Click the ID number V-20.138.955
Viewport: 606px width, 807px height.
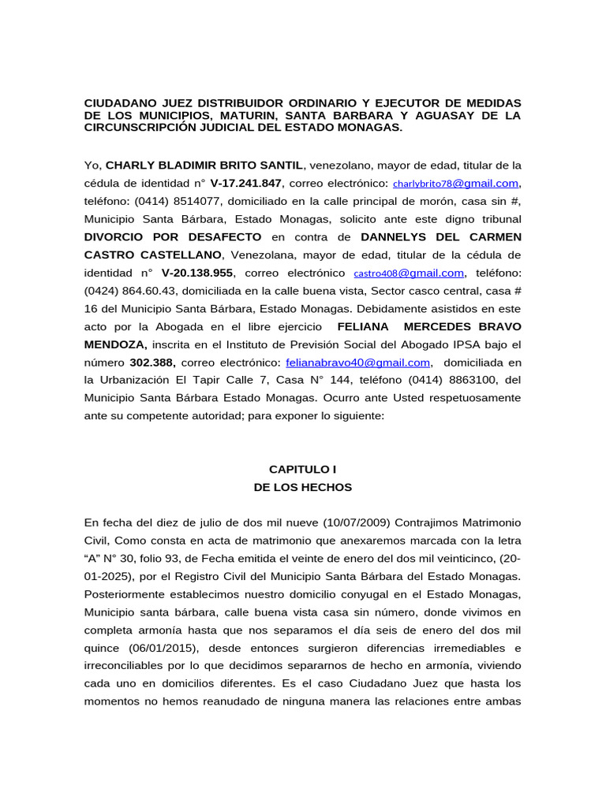[x=197, y=273]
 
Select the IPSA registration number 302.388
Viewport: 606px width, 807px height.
[x=152, y=363]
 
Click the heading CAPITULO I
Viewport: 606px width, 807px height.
[x=302, y=469]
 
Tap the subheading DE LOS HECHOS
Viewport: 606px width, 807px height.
[x=302, y=487]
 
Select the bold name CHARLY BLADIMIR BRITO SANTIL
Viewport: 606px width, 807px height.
[x=204, y=165]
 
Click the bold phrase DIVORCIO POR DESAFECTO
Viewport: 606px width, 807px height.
[x=173, y=236]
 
